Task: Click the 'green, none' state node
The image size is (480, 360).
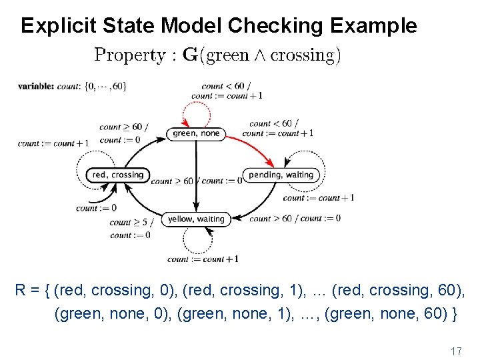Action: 195,133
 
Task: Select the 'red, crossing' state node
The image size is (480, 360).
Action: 117,175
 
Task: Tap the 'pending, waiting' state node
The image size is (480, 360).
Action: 281,175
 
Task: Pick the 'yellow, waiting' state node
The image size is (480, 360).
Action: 196,219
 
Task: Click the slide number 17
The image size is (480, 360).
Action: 456,351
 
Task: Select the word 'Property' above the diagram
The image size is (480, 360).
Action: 129,55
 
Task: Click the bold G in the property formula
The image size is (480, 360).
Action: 189,55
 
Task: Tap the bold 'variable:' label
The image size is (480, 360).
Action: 36,86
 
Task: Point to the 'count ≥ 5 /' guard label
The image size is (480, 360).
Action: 131,223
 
